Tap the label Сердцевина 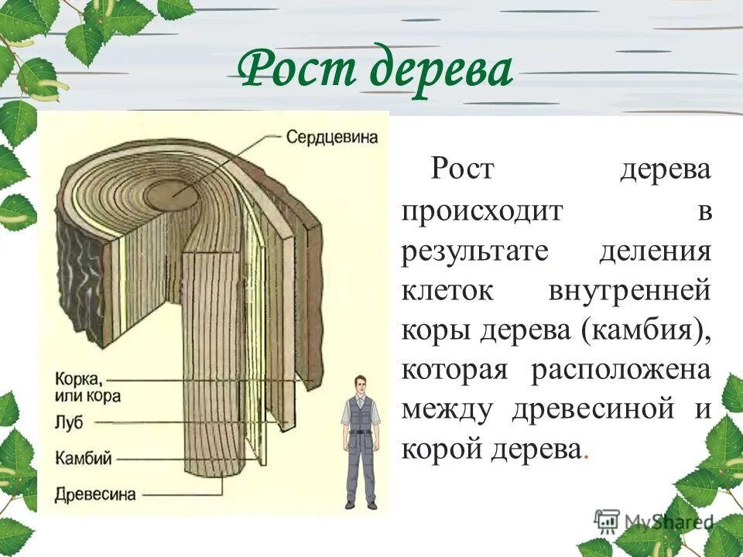click(x=331, y=137)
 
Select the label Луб click(x=68, y=422)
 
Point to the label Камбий click(x=84, y=457)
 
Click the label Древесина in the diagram click(x=95, y=493)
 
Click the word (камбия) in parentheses click(x=650, y=330)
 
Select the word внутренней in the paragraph click(x=628, y=291)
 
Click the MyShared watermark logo click(x=654, y=521)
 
